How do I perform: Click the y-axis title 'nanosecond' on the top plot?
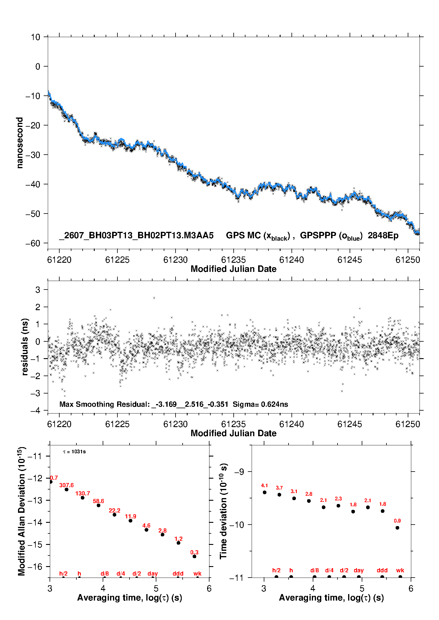point(19,143)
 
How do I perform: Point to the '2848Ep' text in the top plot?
point(383,236)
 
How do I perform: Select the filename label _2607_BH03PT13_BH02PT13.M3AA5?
point(136,236)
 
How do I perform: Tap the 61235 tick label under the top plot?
point(233,260)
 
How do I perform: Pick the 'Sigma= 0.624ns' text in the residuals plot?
point(260,404)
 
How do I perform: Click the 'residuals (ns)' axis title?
point(25,347)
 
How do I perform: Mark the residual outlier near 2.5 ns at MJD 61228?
point(154,298)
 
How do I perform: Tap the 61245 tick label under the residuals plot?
point(350,424)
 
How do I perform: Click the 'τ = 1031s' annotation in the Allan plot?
point(74,452)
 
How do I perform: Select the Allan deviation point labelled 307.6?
point(67,490)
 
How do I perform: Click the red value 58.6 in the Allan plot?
point(99,501)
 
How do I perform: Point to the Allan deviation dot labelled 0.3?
point(194,556)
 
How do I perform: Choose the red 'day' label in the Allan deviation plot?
point(153,573)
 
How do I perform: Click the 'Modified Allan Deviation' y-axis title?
point(22,511)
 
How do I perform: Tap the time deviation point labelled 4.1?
point(265,492)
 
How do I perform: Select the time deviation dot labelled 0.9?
point(397,528)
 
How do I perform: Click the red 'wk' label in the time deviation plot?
point(400,571)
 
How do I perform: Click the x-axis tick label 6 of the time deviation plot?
point(411,588)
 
